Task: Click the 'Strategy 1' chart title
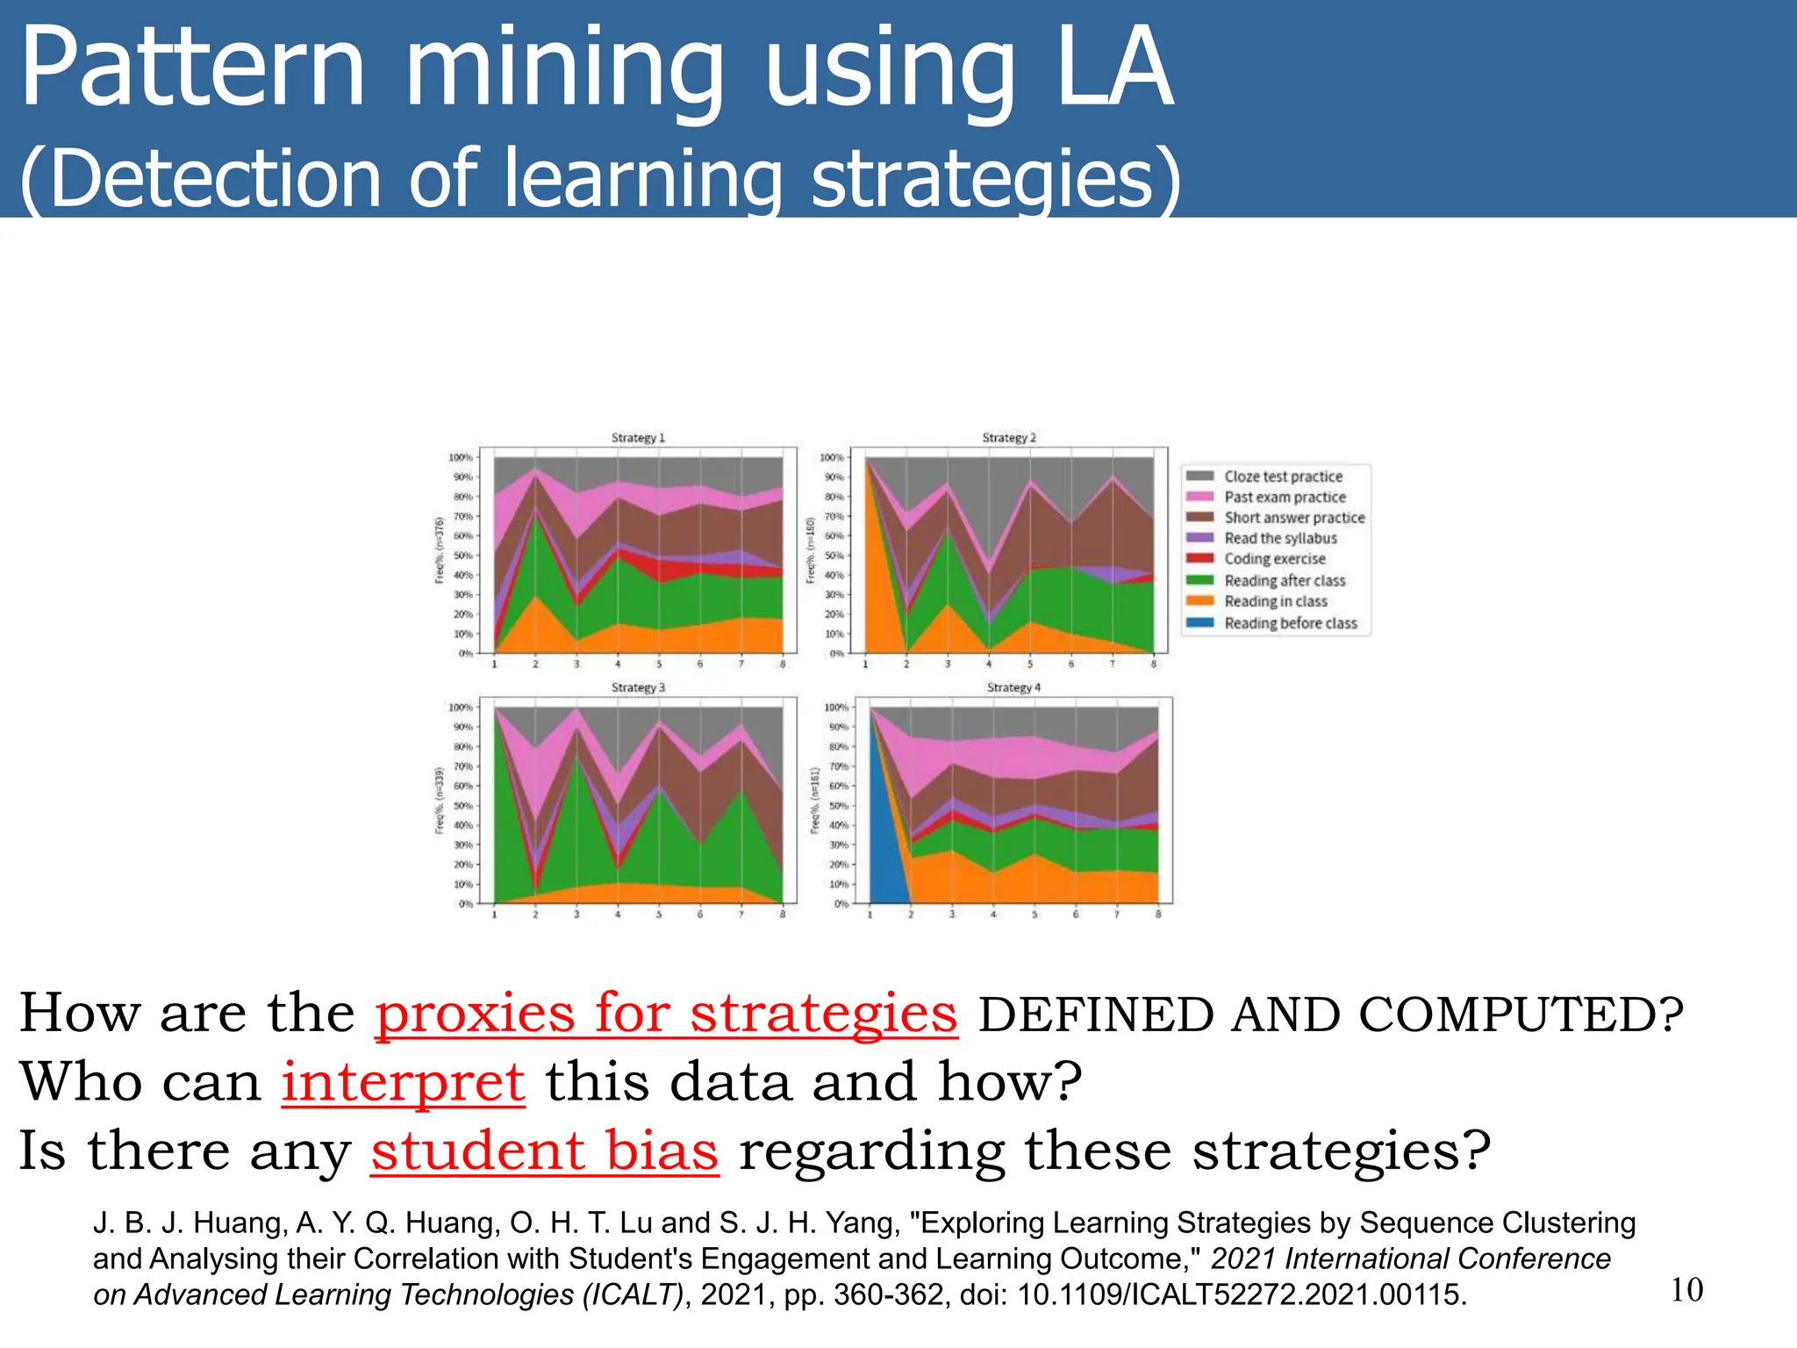[638, 437]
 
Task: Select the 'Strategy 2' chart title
[1009, 437]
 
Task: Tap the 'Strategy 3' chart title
[638, 687]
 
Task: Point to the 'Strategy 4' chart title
[1013, 687]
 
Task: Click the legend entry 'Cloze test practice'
[1283, 477]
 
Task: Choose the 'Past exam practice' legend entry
[1285, 497]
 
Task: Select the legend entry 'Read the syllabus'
[1280, 538]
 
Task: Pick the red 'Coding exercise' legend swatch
[1199, 559]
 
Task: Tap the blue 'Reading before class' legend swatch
[1199, 623]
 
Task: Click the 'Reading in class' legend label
[1276, 601]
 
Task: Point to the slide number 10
[1686, 1289]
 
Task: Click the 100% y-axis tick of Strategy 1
[461, 457]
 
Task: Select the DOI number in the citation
[1241, 1294]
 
